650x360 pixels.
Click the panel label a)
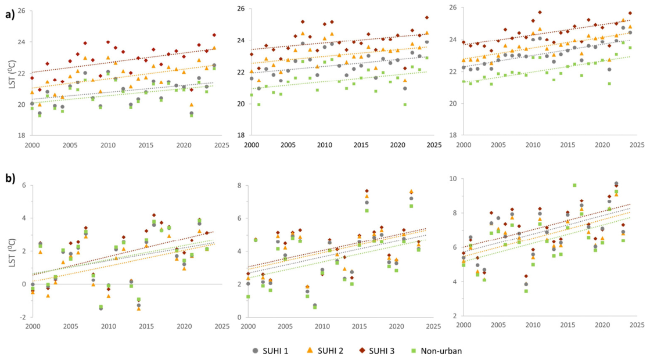click(x=10, y=15)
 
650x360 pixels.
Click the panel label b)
click(x=10, y=178)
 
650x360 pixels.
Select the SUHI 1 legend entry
click(x=270, y=351)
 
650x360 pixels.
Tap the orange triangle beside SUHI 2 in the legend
click(x=309, y=351)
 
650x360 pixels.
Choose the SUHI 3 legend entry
click(x=377, y=351)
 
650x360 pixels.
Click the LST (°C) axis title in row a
click(x=13, y=73)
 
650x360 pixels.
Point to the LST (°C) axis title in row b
click(x=13, y=252)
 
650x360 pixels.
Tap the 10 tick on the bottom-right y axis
click(x=454, y=179)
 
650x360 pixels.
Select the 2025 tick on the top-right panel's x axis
click(x=637, y=145)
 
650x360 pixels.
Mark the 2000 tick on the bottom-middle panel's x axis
click(x=248, y=326)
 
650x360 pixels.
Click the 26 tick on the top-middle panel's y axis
click(x=241, y=9)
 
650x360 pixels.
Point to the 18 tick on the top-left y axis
click(x=22, y=135)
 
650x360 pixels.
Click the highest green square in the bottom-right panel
click(x=574, y=185)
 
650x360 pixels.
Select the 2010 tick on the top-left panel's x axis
click(x=108, y=145)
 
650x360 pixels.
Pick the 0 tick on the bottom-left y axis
click(x=24, y=284)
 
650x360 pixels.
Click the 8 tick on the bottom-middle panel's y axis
click(x=239, y=185)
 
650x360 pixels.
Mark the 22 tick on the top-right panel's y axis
click(x=453, y=71)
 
